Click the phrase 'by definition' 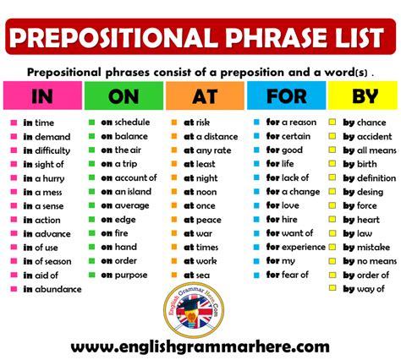click(368, 178)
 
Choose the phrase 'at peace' click(202, 220)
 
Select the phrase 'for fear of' click(287, 275)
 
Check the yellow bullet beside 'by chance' click(334, 123)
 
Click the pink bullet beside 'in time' click(14, 123)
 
